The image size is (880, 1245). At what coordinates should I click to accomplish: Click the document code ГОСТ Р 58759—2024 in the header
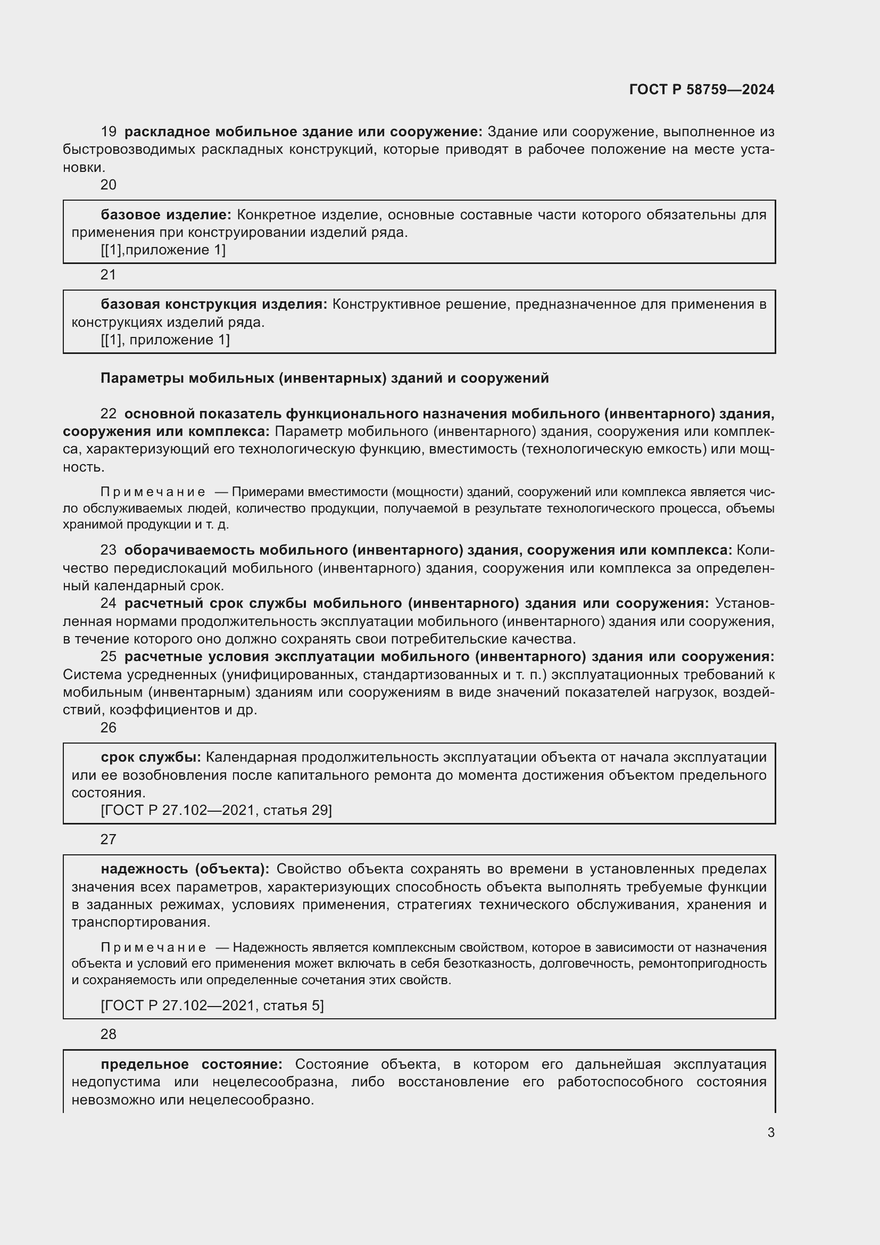tap(701, 89)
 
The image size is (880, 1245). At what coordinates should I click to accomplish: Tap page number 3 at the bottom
tap(770, 1132)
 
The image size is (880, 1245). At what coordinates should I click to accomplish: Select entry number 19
tap(109, 132)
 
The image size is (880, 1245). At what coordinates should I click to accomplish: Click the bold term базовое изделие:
tap(166, 215)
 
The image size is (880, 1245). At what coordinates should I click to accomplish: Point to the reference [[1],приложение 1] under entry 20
tap(163, 250)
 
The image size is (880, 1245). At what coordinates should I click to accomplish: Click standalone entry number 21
tap(109, 275)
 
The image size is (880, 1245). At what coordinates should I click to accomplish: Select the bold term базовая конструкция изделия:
tap(214, 304)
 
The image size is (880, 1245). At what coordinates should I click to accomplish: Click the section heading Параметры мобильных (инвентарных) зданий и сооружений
tap(325, 378)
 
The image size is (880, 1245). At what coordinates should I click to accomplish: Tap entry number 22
tap(109, 414)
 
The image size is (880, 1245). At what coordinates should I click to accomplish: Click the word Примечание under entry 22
tap(153, 492)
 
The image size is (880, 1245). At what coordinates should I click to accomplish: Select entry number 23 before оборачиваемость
tap(109, 550)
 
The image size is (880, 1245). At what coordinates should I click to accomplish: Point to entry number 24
tap(109, 603)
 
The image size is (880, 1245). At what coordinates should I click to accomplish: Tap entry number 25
tap(109, 656)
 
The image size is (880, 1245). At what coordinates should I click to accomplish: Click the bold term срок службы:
tap(151, 757)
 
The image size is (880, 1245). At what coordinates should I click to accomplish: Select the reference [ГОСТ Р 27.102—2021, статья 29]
tap(216, 810)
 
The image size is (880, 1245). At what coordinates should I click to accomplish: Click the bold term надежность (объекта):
tap(185, 869)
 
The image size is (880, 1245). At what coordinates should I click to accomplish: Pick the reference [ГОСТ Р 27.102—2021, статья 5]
tap(212, 1005)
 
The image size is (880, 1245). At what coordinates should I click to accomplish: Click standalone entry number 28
tap(109, 1034)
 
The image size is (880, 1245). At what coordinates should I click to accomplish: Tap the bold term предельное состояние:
tap(192, 1064)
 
